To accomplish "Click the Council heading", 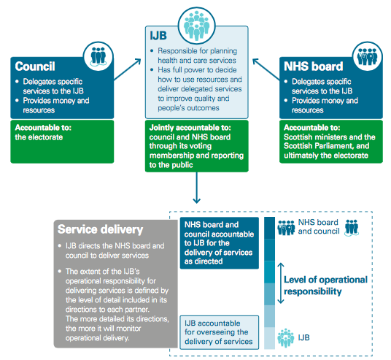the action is (x=35, y=66).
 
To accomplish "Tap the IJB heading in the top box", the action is (x=158, y=36).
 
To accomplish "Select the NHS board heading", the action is (x=314, y=66).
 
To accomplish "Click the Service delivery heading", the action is (x=100, y=229).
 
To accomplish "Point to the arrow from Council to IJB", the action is (x=127, y=69).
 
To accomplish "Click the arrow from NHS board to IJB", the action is (x=266, y=69).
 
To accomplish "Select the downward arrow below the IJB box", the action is (x=197, y=188).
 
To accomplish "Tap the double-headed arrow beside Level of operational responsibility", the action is (x=281, y=283).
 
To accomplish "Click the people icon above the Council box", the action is (x=98, y=56).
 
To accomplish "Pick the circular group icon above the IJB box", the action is (x=197, y=26).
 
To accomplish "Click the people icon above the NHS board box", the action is (x=368, y=56).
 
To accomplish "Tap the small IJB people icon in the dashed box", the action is (x=286, y=338).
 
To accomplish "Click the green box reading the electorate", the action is (x=62, y=142).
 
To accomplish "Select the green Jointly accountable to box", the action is (x=197, y=146).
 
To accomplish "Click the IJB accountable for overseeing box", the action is (x=220, y=332).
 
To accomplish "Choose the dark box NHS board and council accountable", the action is (x=220, y=243).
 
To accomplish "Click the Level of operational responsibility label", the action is (x=325, y=286).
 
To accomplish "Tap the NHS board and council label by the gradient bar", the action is (x=319, y=226).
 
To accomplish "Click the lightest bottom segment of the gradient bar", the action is (x=270, y=338).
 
